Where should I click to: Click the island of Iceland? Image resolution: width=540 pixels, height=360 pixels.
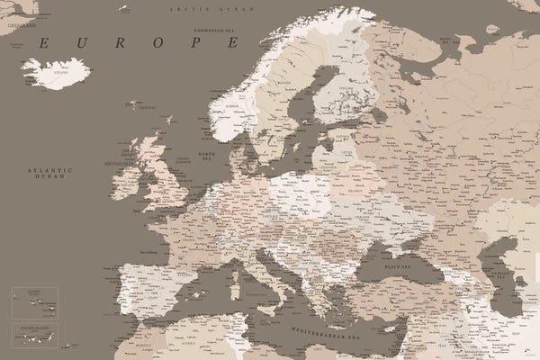[x=56, y=72]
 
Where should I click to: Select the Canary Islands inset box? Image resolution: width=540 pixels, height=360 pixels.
[x=34, y=333]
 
